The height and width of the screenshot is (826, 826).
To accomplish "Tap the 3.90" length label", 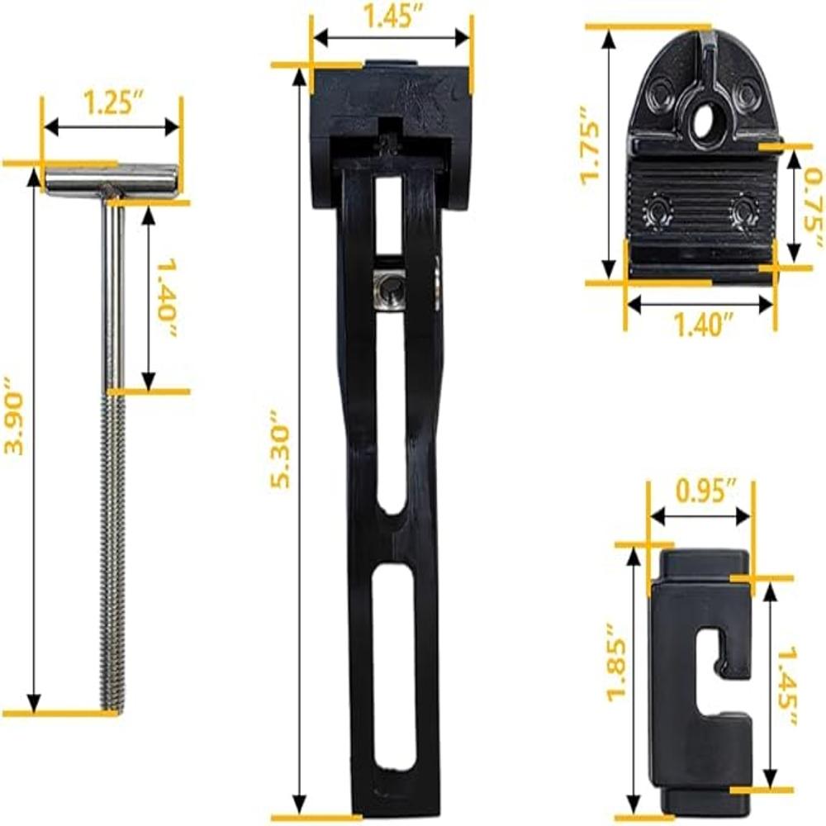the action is pos(14,415).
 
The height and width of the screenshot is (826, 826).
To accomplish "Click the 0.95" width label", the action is pos(706,491).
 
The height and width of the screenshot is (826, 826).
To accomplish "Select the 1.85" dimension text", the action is pos(617,662).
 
